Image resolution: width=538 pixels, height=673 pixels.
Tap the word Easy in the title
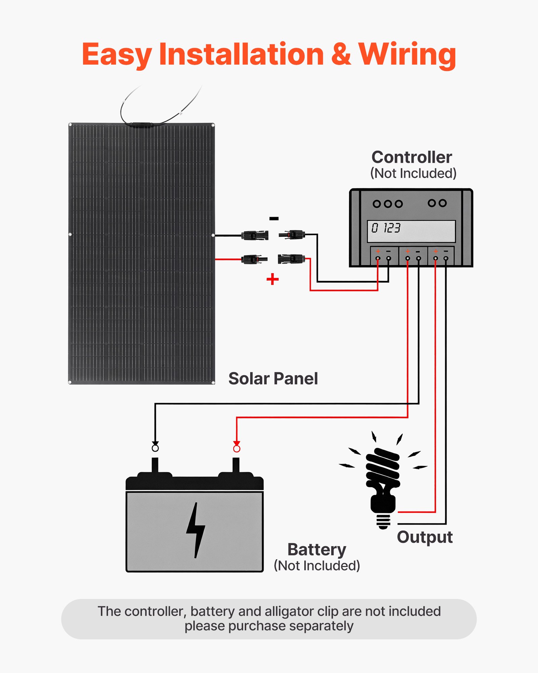tap(116, 55)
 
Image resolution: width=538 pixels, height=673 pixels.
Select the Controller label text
tap(412, 157)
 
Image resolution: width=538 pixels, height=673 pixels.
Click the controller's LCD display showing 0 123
tap(411, 231)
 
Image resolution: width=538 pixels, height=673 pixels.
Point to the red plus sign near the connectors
tap(272, 279)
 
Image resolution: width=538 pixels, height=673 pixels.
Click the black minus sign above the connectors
tap(274, 219)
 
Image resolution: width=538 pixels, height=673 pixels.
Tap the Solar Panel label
tap(273, 379)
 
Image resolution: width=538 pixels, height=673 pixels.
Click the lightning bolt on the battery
tap(195, 530)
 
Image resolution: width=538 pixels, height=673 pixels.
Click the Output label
tap(425, 537)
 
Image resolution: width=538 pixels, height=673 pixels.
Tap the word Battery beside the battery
tap(317, 550)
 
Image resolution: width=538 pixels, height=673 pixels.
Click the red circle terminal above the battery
tap(237, 449)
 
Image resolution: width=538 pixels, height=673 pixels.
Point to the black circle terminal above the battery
tap(155, 448)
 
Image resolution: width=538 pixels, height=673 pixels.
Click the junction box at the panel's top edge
tap(142, 125)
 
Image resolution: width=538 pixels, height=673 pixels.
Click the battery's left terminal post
tap(155, 466)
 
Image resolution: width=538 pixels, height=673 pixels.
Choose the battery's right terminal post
tap(236, 466)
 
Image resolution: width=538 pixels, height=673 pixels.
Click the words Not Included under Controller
tap(413, 174)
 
